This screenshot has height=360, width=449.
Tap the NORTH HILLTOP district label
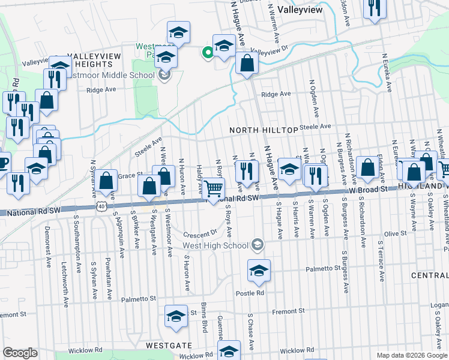click(x=264, y=130)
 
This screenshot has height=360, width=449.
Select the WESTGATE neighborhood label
click(x=169, y=346)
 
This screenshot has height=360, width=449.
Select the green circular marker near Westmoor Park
click(x=208, y=53)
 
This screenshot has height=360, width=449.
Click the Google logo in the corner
click(x=20, y=353)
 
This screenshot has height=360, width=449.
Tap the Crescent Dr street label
click(x=200, y=233)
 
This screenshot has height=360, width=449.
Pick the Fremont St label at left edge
click(x=13, y=314)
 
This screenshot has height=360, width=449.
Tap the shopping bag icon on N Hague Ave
click(x=247, y=62)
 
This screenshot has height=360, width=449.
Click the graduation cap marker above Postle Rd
click(x=259, y=272)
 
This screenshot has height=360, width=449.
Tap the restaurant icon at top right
click(x=375, y=8)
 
